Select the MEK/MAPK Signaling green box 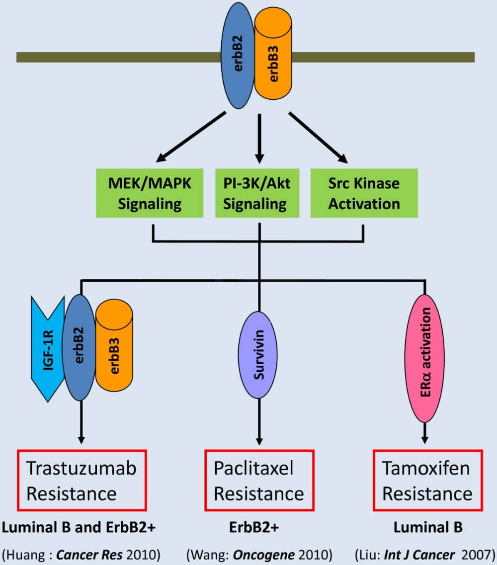(150, 194)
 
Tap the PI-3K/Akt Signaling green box (257, 194)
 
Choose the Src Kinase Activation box (364, 194)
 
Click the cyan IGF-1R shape (48, 348)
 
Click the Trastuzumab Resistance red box (82, 480)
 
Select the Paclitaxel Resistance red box (259, 480)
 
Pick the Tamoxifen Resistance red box (427, 480)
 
